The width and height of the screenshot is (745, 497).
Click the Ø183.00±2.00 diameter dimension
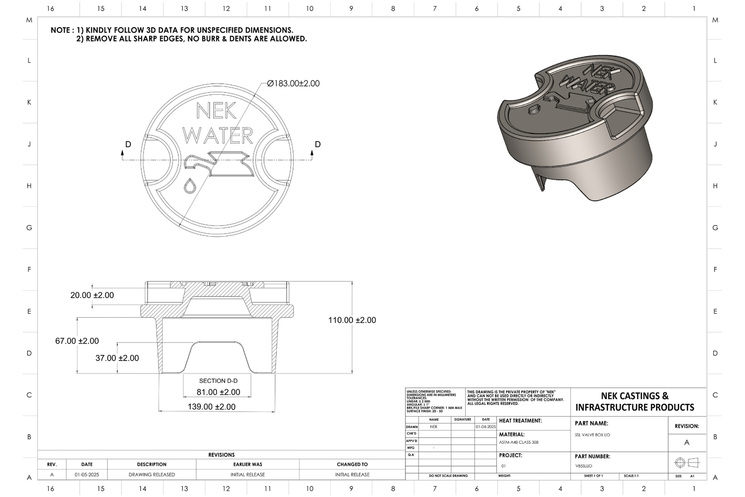point(293,83)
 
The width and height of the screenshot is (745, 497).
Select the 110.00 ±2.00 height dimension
point(352,320)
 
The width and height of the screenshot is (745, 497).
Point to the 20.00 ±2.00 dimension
point(92,295)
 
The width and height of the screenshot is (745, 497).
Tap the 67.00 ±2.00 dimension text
point(77,341)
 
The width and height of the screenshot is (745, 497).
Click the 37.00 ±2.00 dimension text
point(117,358)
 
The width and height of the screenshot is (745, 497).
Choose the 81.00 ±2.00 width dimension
point(218,392)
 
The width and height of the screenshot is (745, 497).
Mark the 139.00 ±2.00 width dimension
point(211,407)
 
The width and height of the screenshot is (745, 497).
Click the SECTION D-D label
point(218,381)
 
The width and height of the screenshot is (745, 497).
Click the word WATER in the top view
point(217,136)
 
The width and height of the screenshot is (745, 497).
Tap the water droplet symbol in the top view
point(190,186)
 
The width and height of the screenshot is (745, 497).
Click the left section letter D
point(128,144)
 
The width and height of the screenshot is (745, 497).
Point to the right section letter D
point(318,144)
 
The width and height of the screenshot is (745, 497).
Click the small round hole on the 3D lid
point(534,109)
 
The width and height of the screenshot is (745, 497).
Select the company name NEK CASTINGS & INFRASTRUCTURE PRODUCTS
point(635,402)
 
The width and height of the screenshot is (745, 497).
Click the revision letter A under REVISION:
point(687,443)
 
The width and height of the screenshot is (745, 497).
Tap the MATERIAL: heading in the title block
point(512,435)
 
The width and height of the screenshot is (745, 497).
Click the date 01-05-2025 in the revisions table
point(87,475)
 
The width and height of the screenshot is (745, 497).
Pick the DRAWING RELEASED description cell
point(152,475)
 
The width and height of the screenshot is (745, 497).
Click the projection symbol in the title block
point(687,463)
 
